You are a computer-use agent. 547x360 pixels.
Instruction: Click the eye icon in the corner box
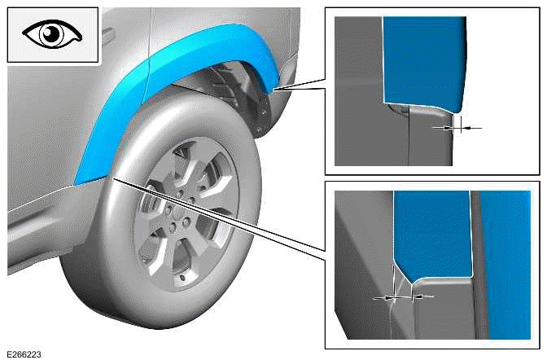[x=52, y=35]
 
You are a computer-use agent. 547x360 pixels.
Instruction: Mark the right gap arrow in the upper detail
[x=471, y=128]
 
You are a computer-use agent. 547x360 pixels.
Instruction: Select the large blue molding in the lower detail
[x=431, y=232]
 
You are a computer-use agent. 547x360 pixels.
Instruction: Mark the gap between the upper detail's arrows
[x=457, y=127]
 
